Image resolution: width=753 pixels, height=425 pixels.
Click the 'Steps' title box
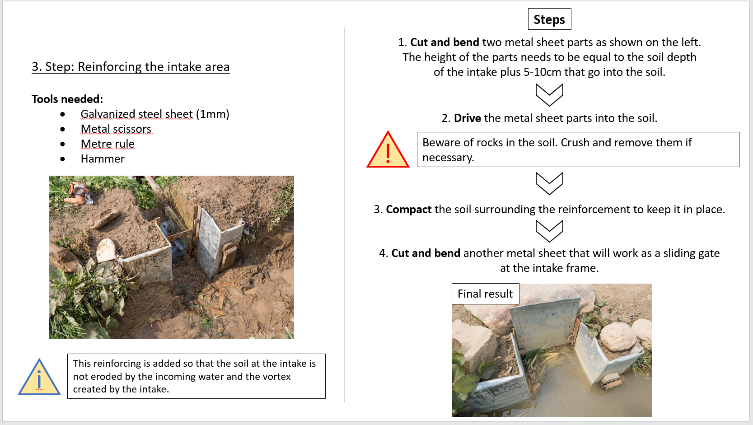(x=549, y=19)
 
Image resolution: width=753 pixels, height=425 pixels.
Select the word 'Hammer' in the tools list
(x=103, y=159)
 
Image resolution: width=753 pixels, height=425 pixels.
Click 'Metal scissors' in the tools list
(x=116, y=129)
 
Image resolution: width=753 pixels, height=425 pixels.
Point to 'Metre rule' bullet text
(x=108, y=144)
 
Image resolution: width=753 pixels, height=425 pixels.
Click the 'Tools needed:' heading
(x=67, y=99)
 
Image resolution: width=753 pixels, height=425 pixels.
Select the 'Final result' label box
(x=485, y=294)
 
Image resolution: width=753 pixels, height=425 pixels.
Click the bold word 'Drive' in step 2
(x=467, y=118)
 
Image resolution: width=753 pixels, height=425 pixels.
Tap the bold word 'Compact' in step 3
(x=408, y=210)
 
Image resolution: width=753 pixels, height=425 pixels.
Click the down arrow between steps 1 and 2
(x=549, y=95)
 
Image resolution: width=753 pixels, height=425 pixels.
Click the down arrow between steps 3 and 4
(x=549, y=231)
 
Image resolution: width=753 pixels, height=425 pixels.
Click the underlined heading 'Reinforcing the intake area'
(x=154, y=67)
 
